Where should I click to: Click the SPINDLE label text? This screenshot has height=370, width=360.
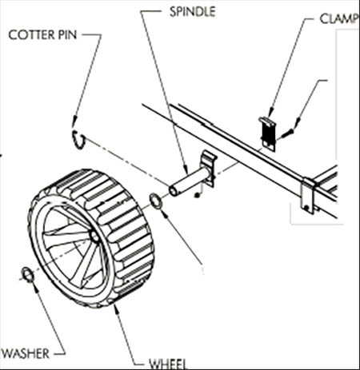click(192, 12)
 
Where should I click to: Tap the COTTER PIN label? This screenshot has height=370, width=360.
click(42, 35)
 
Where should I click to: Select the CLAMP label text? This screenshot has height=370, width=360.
click(339, 18)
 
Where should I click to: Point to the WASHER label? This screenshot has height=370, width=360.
click(25, 353)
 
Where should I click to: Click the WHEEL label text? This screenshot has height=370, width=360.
click(168, 364)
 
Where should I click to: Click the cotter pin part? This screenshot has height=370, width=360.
click(79, 140)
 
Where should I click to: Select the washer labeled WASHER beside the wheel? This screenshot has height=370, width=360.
click(28, 275)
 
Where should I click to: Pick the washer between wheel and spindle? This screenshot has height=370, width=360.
click(157, 201)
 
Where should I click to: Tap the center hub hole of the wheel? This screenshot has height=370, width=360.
click(94, 236)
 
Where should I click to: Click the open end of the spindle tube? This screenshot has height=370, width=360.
click(174, 191)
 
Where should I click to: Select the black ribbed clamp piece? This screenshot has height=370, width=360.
click(268, 133)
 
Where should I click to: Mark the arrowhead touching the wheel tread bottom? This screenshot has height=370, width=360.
click(116, 309)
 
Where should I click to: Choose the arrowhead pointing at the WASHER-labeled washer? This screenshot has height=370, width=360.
click(34, 287)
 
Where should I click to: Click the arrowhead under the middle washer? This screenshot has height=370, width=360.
click(166, 213)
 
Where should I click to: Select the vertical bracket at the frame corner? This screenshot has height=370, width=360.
click(308, 196)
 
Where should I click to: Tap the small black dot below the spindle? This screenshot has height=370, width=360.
click(198, 196)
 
